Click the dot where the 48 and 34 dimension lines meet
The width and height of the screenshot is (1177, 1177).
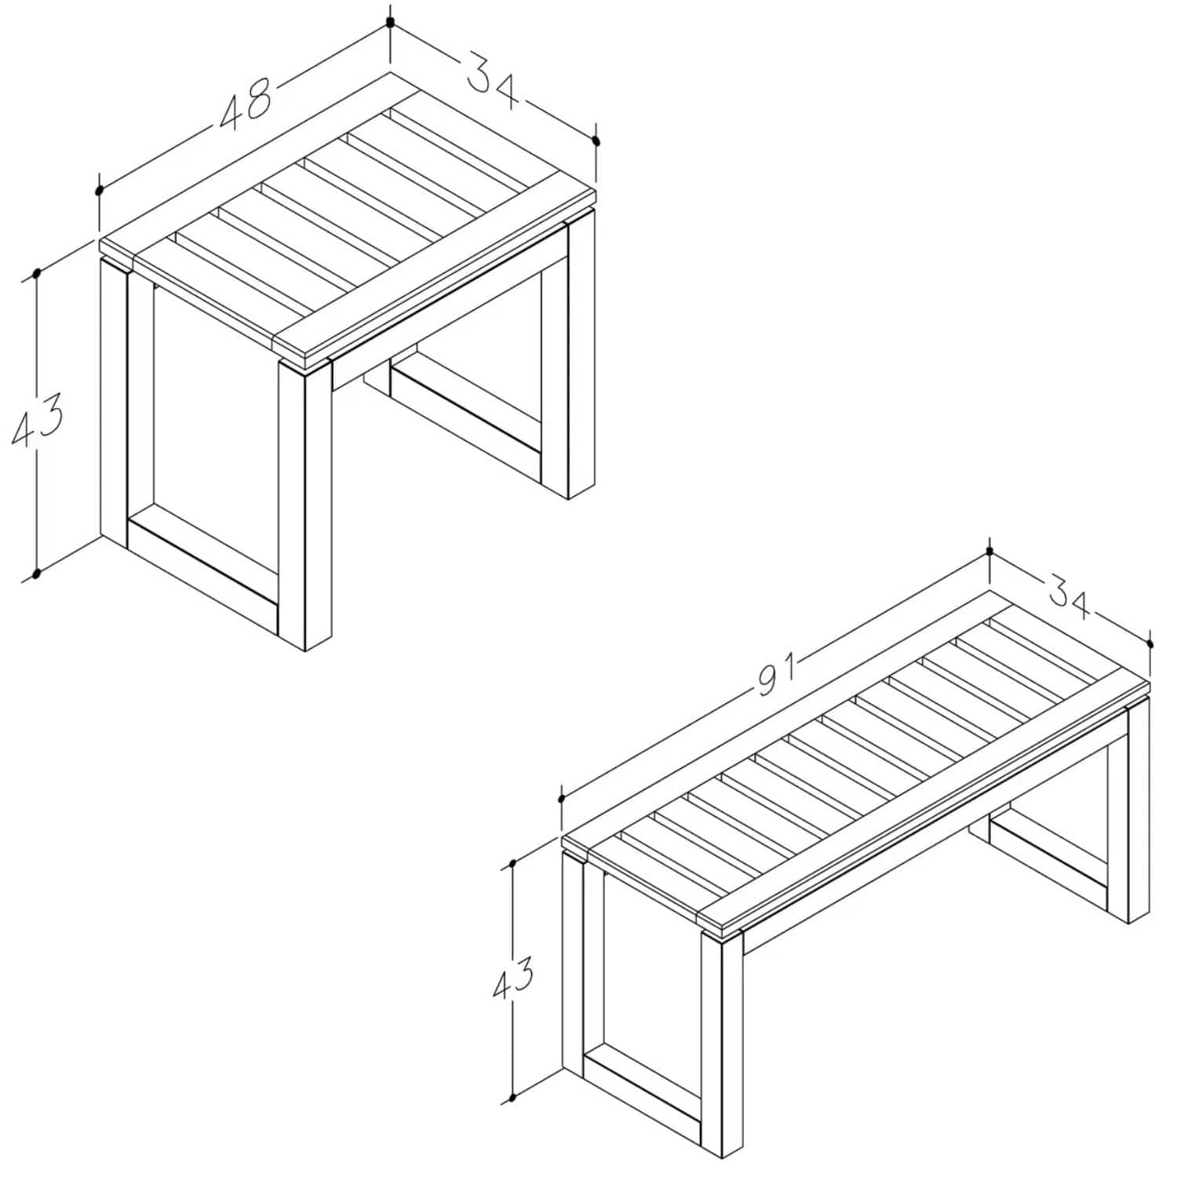pos(390,22)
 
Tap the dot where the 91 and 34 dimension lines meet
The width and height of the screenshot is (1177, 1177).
pos(989,551)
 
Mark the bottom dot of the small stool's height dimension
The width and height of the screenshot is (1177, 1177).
pos(35,574)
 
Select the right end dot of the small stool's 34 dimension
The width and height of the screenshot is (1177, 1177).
pos(596,141)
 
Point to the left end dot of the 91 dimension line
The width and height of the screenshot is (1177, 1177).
pos(561,799)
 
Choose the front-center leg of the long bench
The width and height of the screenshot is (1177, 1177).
pos(720,1044)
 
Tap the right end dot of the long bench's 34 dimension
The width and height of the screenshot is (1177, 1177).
pos(1150,643)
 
